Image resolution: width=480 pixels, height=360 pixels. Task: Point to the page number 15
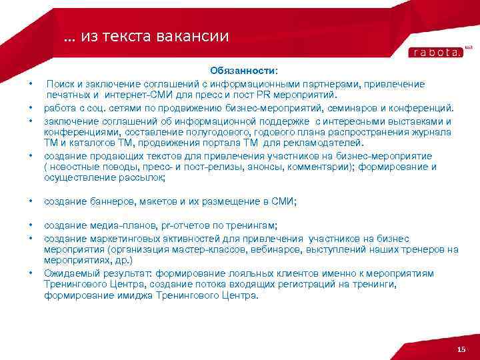tap(460, 351)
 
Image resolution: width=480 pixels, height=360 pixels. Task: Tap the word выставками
tap(419, 121)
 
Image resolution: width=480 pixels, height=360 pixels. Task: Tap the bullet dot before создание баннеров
tap(31, 201)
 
